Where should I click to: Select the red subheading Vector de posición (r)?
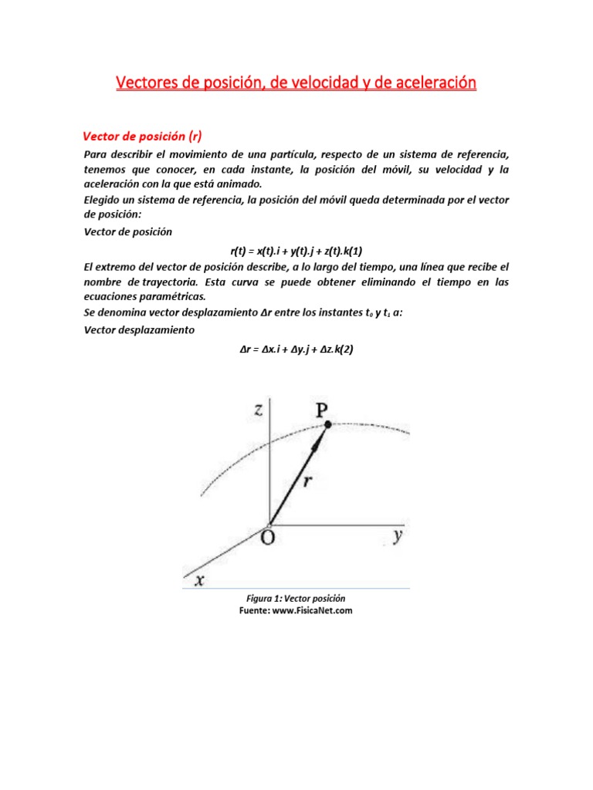(142, 137)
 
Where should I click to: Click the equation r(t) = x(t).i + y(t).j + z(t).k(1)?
(296, 250)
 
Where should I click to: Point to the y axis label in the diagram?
(396, 536)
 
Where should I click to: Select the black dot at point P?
(327, 424)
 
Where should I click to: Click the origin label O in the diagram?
(267, 538)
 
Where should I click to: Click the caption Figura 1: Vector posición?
(296, 599)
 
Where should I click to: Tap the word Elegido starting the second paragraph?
(105, 201)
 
